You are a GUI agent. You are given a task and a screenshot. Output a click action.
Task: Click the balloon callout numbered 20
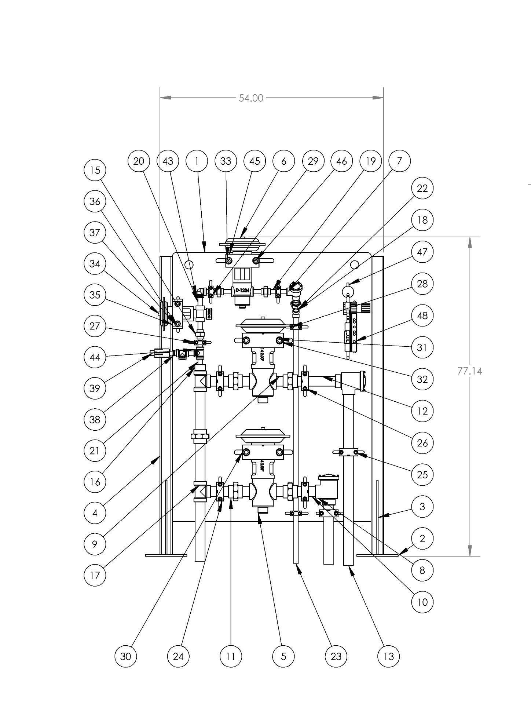pyautogui.click(x=139, y=161)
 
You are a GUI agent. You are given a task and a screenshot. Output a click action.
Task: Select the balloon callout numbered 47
pyautogui.click(x=422, y=252)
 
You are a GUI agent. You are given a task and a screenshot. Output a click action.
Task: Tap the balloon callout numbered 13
pyautogui.click(x=389, y=656)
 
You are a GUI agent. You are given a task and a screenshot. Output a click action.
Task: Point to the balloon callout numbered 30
pyautogui.click(x=126, y=656)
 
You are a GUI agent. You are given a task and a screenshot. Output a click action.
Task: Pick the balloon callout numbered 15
pyautogui.click(x=95, y=170)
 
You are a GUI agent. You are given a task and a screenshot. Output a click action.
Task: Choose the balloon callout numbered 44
pyautogui.click(x=95, y=357)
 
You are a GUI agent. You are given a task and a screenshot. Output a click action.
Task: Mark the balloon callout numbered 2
pyautogui.click(x=422, y=539)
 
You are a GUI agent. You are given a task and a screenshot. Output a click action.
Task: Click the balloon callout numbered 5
pyautogui.click(x=283, y=656)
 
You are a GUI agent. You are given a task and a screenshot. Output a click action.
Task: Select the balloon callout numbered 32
pyautogui.click(x=422, y=379)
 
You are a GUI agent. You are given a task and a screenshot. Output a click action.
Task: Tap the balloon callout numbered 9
pyautogui.click(x=95, y=544)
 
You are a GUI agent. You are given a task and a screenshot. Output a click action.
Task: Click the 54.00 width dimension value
pyautogui.click(x=251, y=98)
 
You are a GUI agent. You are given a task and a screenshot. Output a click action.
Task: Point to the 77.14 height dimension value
pyautogui.click(x=469, y=371)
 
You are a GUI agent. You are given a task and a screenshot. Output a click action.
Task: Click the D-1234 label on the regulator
pyautogui.click(x=242, y=291)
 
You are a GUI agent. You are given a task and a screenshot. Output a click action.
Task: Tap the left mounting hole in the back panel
pyautogui.click(x=189, y=264)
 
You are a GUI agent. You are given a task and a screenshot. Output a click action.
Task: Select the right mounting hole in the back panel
pyautogui.click(x=354, y=264)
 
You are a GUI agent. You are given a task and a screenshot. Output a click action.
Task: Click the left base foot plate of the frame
pyautogui.click(x=166, y=555)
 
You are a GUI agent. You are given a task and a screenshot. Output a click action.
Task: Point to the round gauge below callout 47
pyautogui.click(x=348, y=292)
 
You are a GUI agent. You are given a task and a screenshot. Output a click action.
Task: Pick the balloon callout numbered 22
pyautogui.click(x=422, y=188)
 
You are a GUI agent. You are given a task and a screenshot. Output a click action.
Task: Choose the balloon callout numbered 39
pyautogui.click(x=95, y=388)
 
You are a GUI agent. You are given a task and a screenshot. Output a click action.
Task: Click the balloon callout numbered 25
pyautogui.click(x=422, y=475)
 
